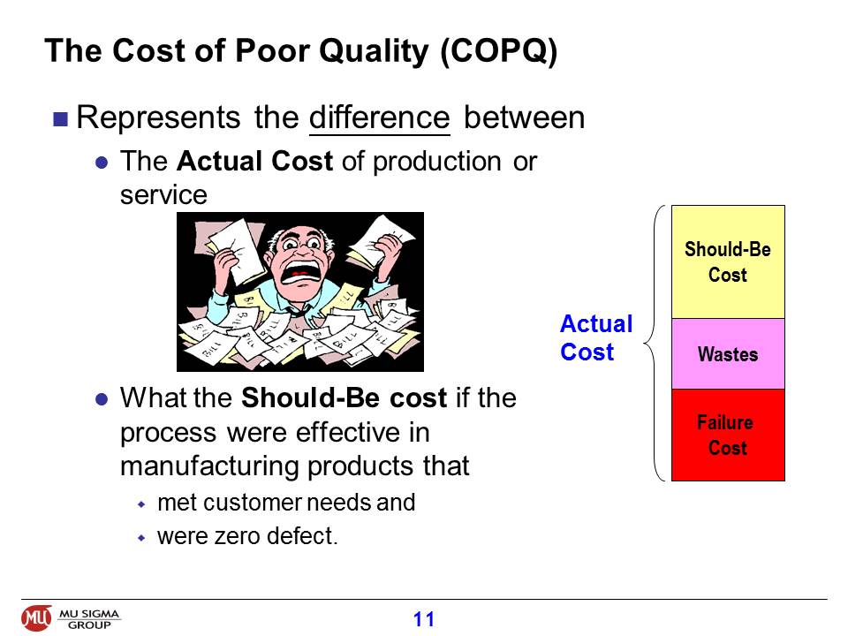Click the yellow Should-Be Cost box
click(x=728, y=261)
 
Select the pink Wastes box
click(x=728, y=353)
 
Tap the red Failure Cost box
click(x=728, y=435)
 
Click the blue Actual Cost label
click(x=596, y=338)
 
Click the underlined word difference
click(x=379, y=117)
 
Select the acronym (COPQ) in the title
click(x=498, y=52)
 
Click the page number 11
click(x=423, y=618)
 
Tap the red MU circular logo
click(x=36, y=617)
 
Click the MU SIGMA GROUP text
click(x=88, y=619)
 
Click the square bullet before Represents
click(x=61, y=118)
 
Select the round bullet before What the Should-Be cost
click(x=101, y=399)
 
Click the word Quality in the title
click(x=374, y=52)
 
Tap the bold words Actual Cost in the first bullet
click(x=254, y=161)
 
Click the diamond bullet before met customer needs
click(x=141, y=504)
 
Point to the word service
click(x=163, y=194)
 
